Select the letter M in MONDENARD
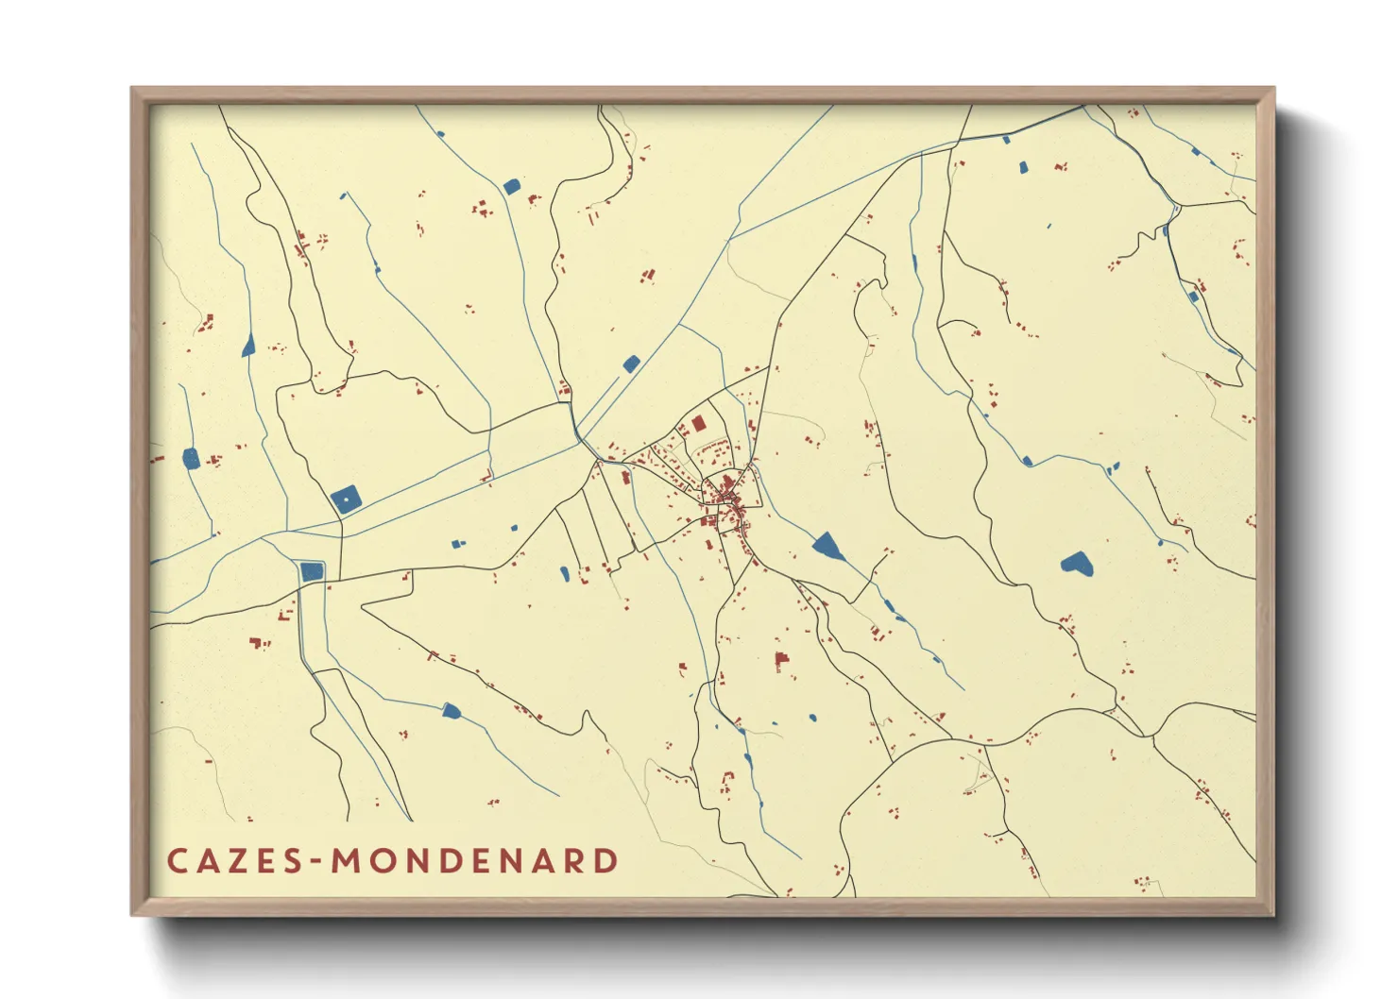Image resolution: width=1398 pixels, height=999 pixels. point(346,861)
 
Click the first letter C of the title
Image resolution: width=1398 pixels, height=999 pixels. point(177,861)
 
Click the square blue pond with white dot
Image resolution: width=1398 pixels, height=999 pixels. point(346,498)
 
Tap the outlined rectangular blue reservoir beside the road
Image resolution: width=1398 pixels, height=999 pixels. point(311,570)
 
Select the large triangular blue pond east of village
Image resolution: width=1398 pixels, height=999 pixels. point(827,546)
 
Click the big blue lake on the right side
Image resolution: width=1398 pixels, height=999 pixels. point(1076,564)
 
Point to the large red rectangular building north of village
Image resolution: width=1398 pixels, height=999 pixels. point(699,424)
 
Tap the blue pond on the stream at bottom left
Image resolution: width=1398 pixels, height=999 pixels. point(451,710)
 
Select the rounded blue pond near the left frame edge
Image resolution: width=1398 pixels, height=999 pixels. point(191,459)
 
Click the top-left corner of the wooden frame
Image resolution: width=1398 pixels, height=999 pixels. point(132,89)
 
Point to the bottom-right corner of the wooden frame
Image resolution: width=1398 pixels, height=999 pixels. point(1273,914)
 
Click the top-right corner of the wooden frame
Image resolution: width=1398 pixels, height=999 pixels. point(1273,89)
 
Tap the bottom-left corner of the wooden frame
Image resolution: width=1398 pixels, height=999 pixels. point(132,914)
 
